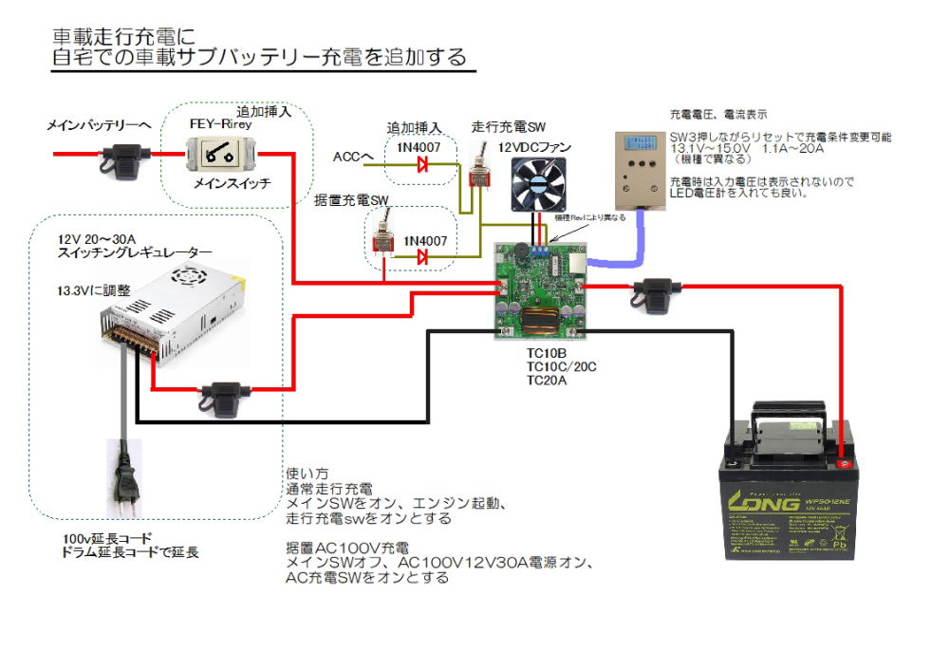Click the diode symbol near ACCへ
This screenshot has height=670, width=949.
422,163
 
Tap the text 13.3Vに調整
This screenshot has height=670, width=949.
93,289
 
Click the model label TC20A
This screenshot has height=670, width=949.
547,381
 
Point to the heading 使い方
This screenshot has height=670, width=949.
307,473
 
